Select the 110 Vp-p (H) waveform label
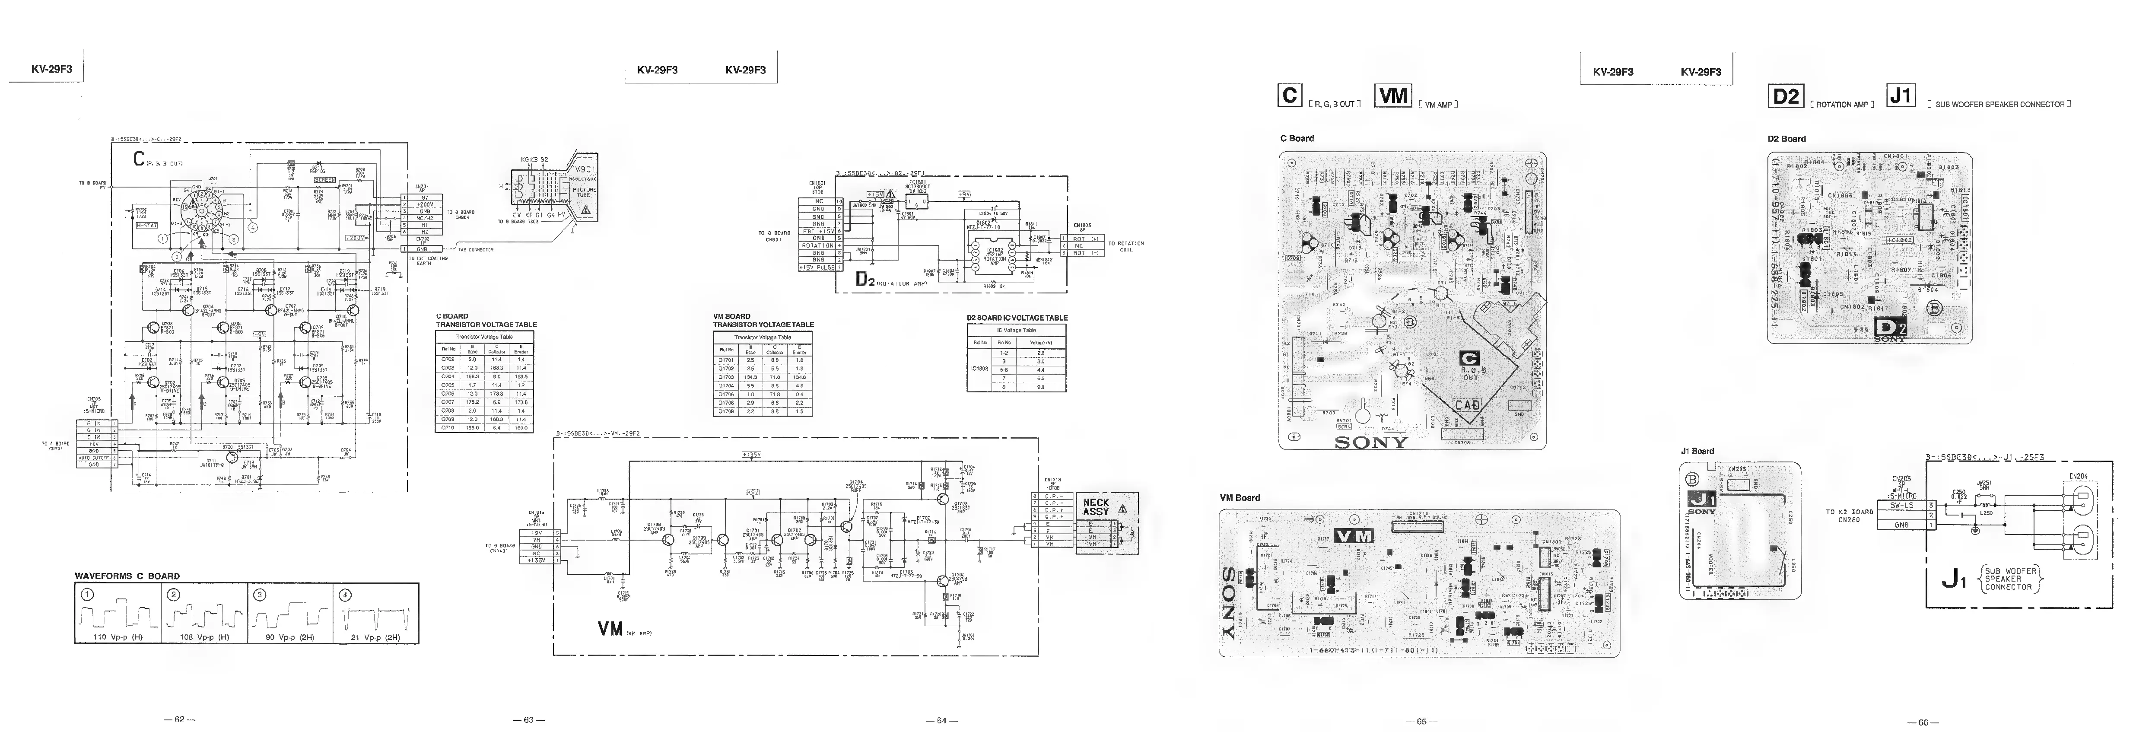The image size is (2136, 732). click(118, 637)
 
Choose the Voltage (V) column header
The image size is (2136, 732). click(1041, 341)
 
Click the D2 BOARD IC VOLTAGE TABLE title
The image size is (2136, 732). click(1017, 318)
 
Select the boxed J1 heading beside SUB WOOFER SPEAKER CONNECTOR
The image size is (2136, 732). click(1901, 96)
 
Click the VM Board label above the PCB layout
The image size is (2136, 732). click(1240, 497)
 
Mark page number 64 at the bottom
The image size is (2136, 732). click(941, 720)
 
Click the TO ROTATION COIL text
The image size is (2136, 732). click(1126, 246)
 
